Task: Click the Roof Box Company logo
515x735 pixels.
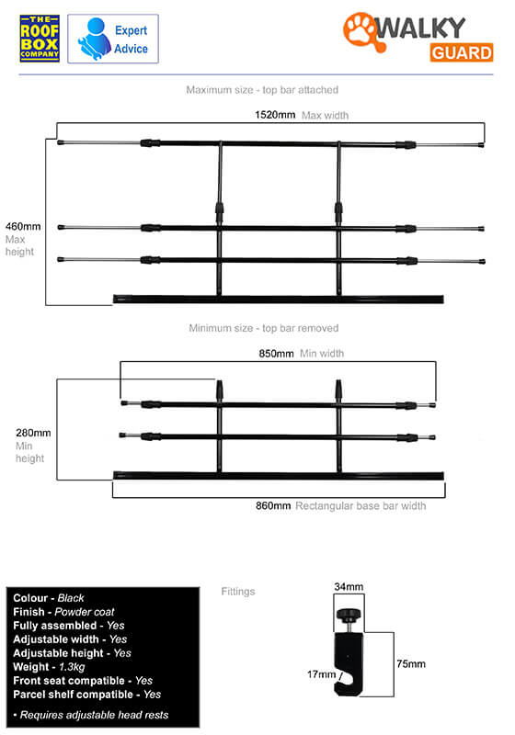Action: tap(40, 39)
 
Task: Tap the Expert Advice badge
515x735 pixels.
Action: tap(113, 39)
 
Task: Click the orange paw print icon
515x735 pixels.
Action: tap(361, 31)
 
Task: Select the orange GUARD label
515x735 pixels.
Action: tap(462, 52)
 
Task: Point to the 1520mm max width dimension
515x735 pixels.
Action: tap(275, 115)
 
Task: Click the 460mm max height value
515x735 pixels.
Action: tap(23, 226)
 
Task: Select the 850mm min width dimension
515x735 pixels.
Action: tap(276, 354)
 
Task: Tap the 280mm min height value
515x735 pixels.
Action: tap(33, 433)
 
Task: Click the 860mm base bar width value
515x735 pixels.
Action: tap(273, 506)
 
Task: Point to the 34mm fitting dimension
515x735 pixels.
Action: tap(349, 586)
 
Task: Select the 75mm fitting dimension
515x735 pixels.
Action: tap(411, 663)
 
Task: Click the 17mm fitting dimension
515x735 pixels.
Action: tap(321, 674)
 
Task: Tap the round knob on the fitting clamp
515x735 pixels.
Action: tap(348, 613)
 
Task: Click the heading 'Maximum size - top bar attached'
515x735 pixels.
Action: tap(262, 89)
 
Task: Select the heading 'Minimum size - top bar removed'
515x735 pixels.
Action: tap(264, 328)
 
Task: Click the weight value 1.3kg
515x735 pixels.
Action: tap(72, 667)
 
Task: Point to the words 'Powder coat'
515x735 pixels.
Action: tap(85, 612)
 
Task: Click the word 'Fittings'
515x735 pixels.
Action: tap(238, 592)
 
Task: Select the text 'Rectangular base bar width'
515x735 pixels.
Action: tap(360, 506)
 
